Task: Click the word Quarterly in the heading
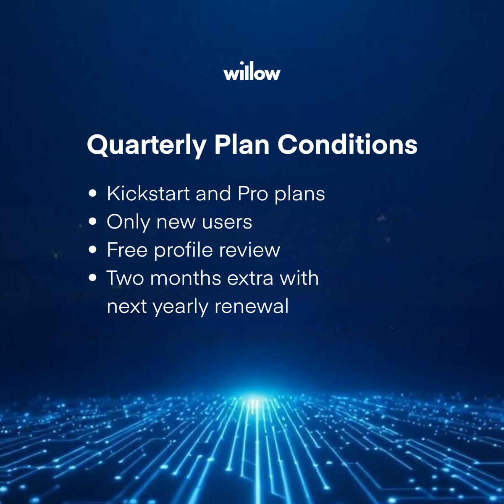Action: pos(147,145)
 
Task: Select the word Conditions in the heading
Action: pos(347,144)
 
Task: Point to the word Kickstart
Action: pos(148,194)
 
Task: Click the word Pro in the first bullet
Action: pos(252,194)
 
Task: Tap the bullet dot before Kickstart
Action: pos(93,194)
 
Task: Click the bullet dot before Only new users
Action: pos(93,221)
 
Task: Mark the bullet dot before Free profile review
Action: pos(93,249)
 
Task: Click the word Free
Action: pos(127,250)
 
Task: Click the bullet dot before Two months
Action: pos(93,278)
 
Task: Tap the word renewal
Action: pos(252,306)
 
